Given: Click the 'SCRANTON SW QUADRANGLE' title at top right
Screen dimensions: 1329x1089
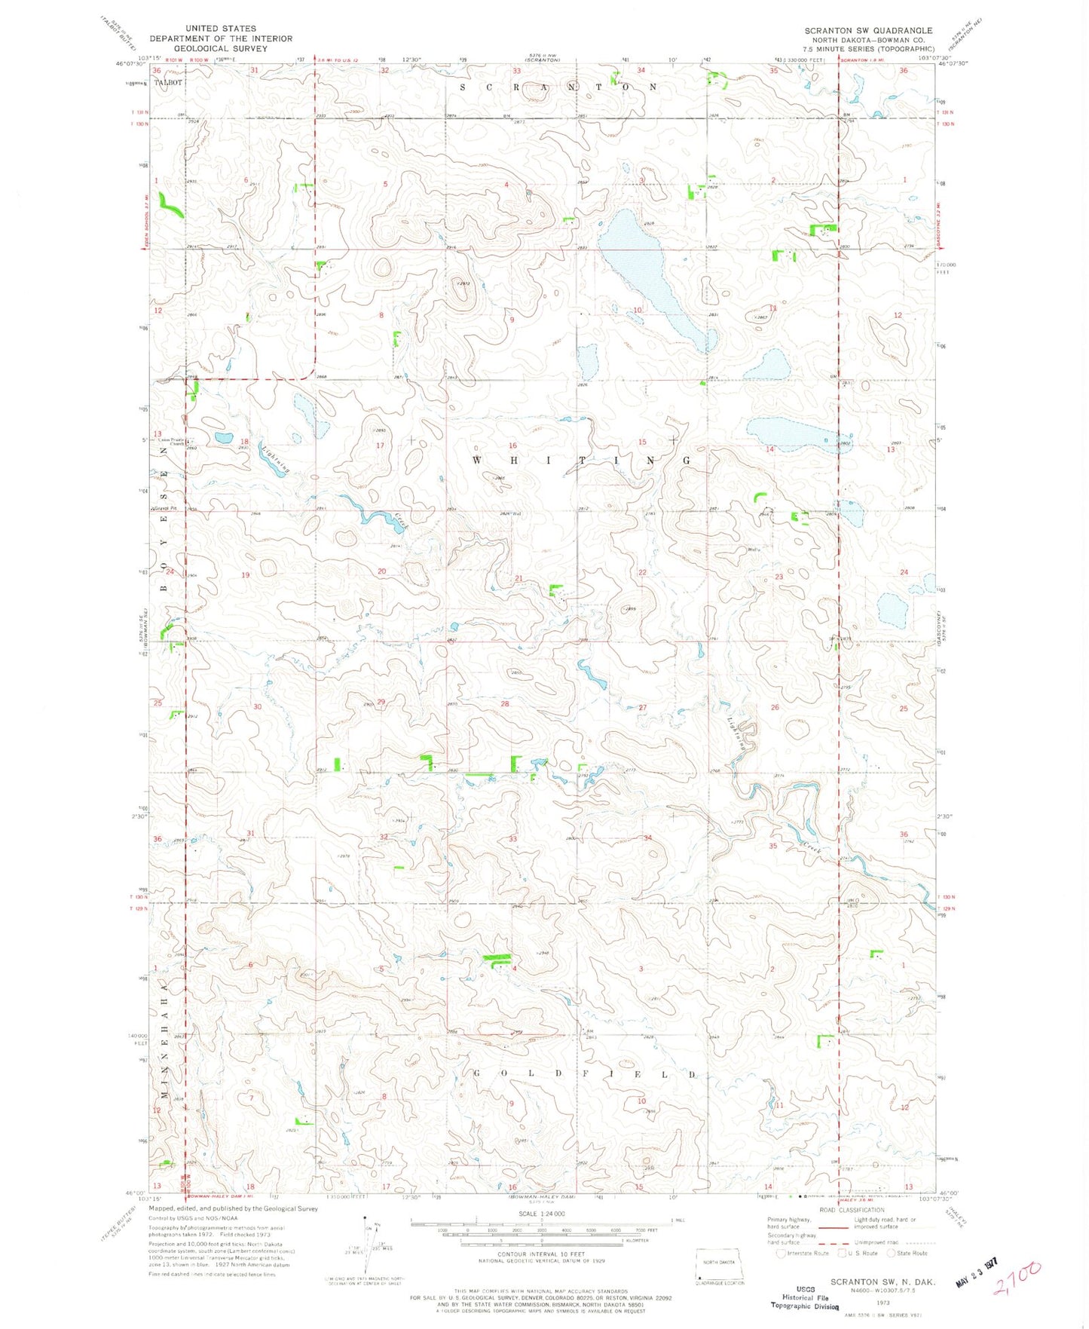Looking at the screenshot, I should coord(868,31).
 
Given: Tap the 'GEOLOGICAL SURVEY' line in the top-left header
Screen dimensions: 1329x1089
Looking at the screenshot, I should coord(221,48).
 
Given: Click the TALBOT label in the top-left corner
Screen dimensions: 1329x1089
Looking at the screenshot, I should coord(168,82).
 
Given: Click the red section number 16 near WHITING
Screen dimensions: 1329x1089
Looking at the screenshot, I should coord(512,446).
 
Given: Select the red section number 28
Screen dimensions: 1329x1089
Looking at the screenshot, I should coord(505,703).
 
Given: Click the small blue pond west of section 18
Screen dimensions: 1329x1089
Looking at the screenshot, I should coord(223,437).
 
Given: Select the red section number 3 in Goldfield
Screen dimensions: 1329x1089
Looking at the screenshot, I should coord(641,969).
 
